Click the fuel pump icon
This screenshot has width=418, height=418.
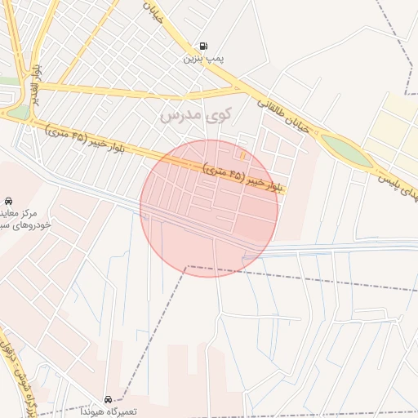click(x=202, y=47)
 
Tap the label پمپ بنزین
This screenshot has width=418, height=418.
click(x=202, y=59)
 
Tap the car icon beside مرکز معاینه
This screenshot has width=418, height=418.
click(x=8, y=200)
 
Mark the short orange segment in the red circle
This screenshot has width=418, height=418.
click(x=243, y=154)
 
